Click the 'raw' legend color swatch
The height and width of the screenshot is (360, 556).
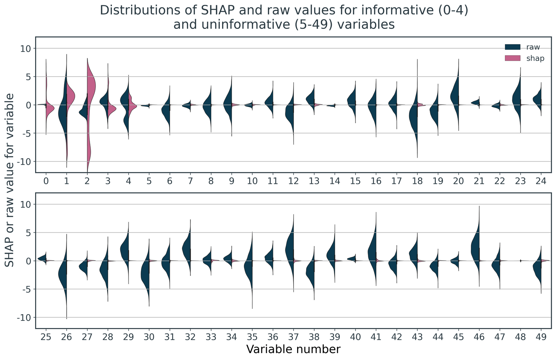[513, 47]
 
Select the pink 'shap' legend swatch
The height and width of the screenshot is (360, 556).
[513, 58]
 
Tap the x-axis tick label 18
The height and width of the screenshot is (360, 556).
[417, 181]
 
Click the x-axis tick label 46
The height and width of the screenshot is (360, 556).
[479, 337]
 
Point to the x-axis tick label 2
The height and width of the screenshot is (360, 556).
[87, 181]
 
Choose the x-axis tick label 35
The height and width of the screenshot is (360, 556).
[252, 337]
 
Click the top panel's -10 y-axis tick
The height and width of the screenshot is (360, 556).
[24, 162]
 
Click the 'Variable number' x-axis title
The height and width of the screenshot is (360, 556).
[293, 349]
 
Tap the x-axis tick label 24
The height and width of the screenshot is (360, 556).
[541, 181]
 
